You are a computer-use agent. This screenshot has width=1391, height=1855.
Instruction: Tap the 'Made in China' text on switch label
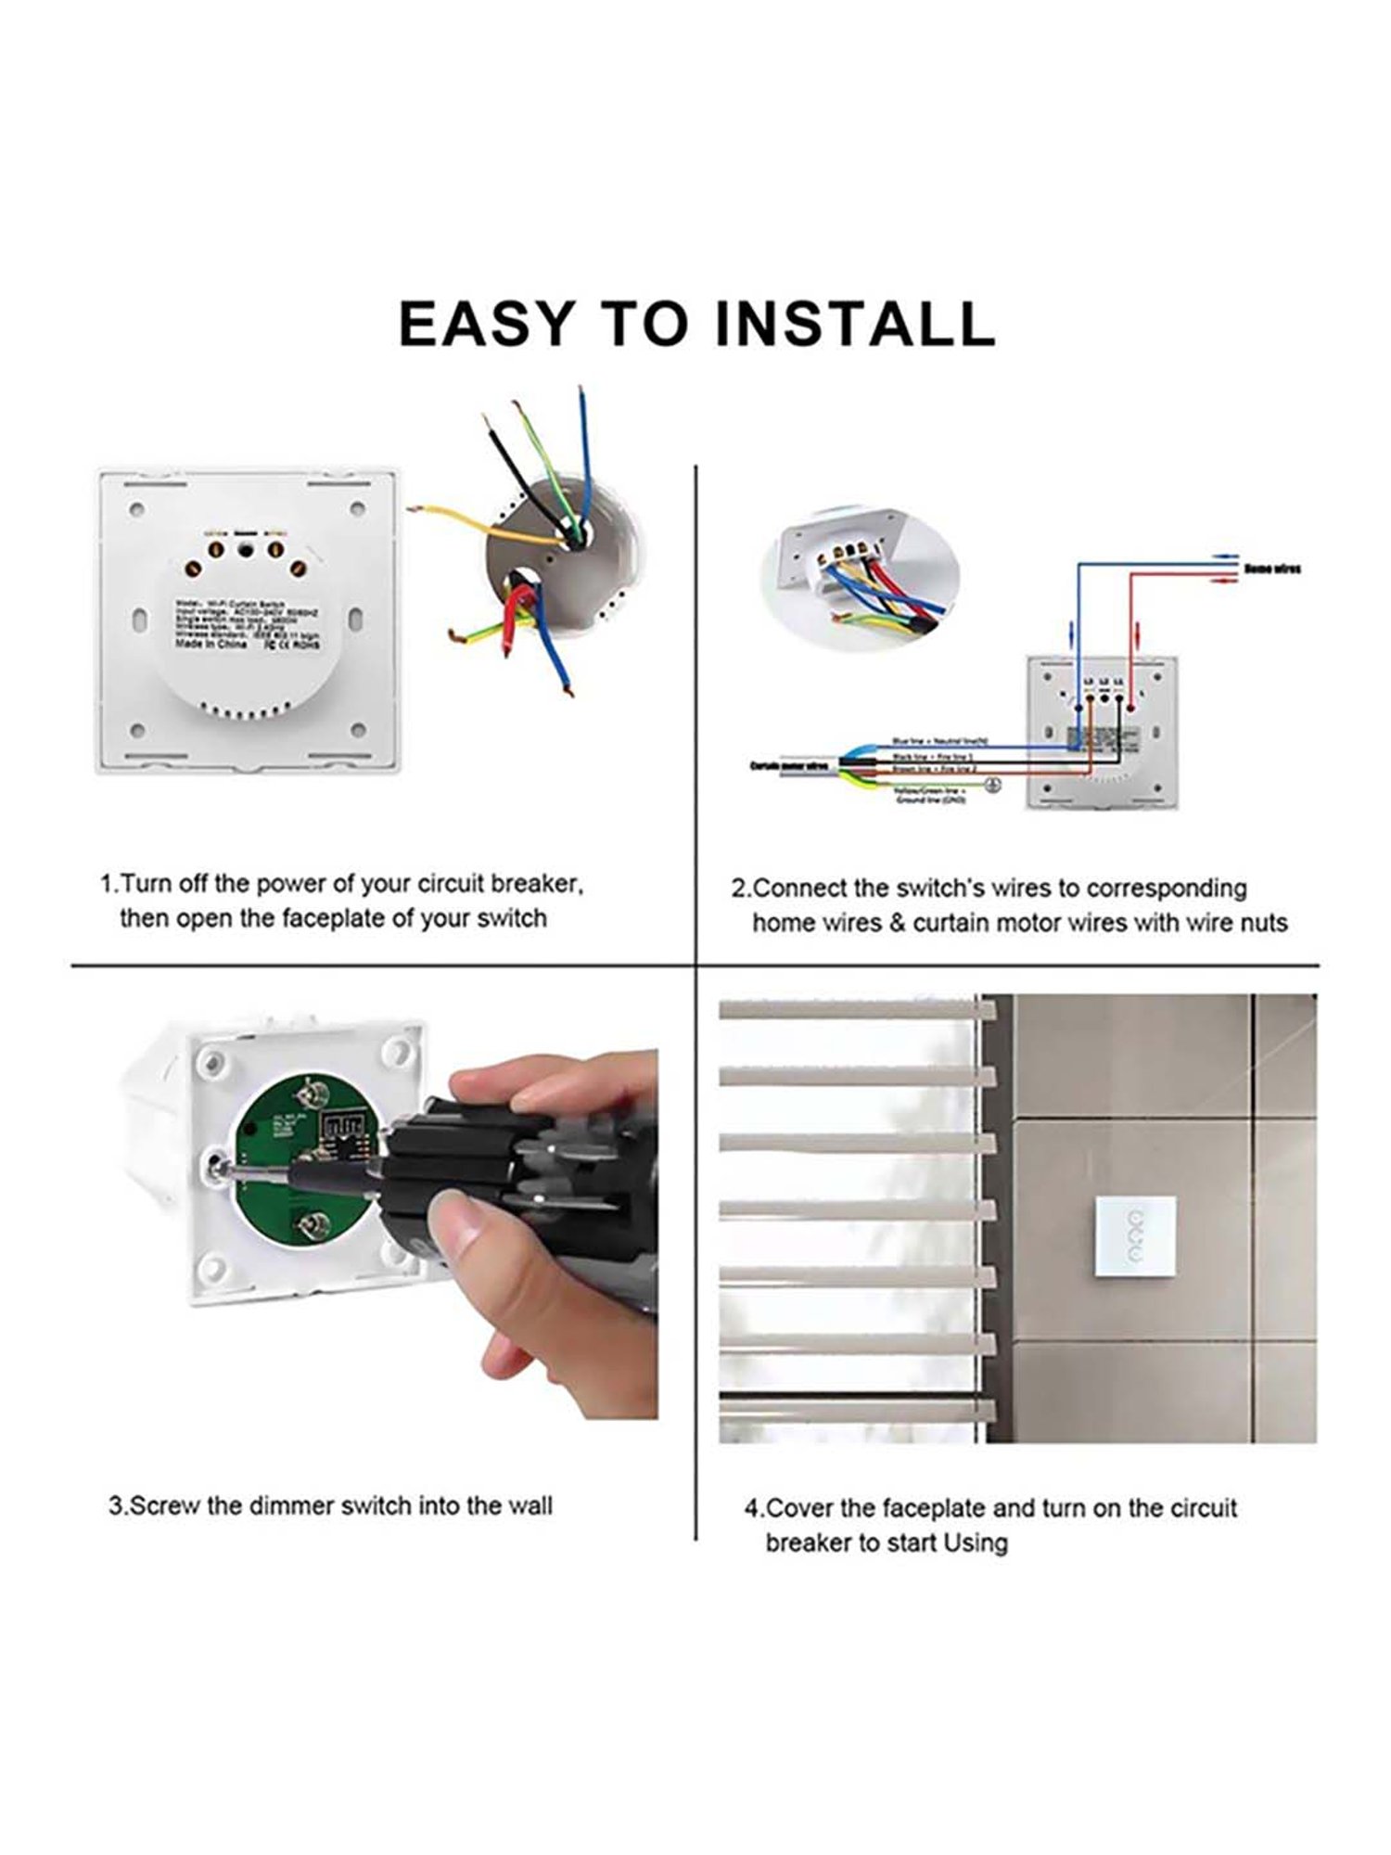coord(211,642)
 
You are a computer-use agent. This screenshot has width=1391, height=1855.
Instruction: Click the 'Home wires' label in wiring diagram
coord(1271,568)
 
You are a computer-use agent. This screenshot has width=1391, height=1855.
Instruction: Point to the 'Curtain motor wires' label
coord(789,766)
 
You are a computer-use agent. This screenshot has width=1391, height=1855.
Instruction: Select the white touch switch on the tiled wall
coord(1132,1236)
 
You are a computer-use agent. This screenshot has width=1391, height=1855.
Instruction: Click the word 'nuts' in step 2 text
coord(1261,923)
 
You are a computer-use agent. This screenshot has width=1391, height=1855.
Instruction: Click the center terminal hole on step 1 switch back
coord(246,550)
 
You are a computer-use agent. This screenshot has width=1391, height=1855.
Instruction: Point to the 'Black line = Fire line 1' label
coord(932,757)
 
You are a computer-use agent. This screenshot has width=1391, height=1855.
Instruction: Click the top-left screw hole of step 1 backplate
coord(137,509)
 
